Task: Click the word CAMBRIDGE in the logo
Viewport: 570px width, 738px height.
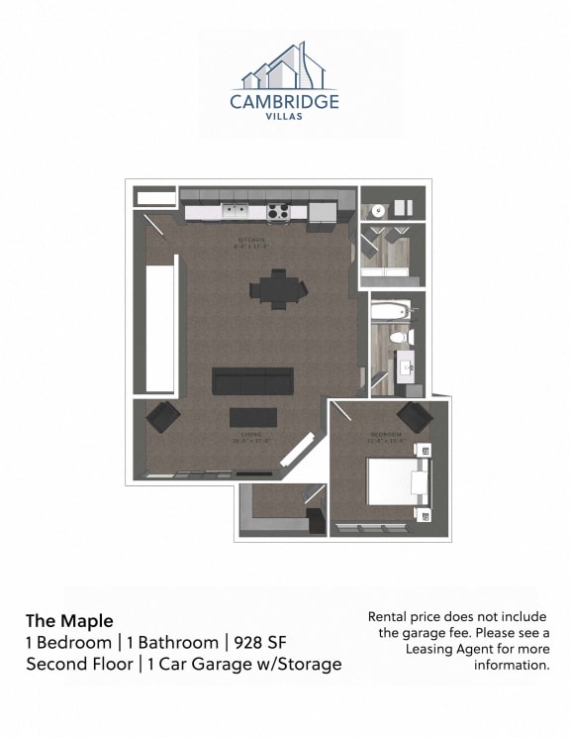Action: click(285, 101)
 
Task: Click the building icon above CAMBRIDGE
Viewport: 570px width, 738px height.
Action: click(285, 66)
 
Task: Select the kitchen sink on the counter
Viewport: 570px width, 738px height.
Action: click(235, 209)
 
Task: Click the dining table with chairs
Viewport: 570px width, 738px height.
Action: click(278, 288)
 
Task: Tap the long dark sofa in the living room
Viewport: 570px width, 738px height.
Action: click(253, 380)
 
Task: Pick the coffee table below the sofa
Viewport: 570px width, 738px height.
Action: click(252, 416)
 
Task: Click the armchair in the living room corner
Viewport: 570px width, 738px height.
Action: click(162, 416)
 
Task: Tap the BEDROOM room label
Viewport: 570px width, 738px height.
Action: click(387, 435)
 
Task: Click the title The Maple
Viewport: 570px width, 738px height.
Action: click(69, 621)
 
